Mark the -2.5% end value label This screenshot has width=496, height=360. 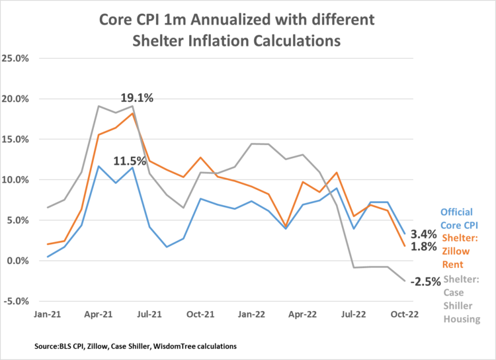(x=425, y=282)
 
